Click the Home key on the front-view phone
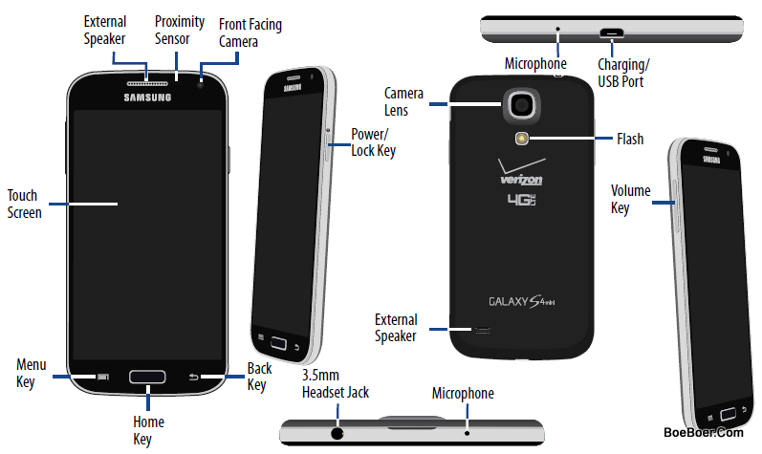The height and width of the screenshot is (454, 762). click(x=147, y=377)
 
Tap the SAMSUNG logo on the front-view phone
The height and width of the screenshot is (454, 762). click(x=147, y=97)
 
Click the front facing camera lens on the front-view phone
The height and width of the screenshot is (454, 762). click(x=200, y=85)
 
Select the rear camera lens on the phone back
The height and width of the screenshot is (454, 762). click(x=522, y=104)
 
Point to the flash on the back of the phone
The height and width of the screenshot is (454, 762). click(x=522, y=139)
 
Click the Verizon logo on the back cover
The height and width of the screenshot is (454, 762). click(x=521, y=173)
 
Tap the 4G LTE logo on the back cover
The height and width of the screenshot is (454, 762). click(x=521, y=200)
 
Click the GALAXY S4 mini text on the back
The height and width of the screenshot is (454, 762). click(x=521, y=301)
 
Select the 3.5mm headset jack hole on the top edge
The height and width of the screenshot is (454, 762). click(x=337, y=433)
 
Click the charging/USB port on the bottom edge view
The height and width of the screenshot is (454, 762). click(x=611, y=33)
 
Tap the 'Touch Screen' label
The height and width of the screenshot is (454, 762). click(x=24, y=204)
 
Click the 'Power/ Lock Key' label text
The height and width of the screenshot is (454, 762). click(x=373, y=142)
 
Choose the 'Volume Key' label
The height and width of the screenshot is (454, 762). click(x=630, y=199)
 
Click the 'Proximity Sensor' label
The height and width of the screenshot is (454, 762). click(x=180, y=30)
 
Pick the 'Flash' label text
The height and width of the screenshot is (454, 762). click(x=630, y=139)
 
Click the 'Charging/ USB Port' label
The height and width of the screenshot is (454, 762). click(x=623, y=73)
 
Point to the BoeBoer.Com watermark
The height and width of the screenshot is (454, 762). click(x=703, y=432)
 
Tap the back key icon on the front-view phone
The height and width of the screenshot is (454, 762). click(x=193, y=377)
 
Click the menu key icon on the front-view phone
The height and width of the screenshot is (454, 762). click(x=103, y=377)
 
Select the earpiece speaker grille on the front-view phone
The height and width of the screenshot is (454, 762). click(x=147, y=83)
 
